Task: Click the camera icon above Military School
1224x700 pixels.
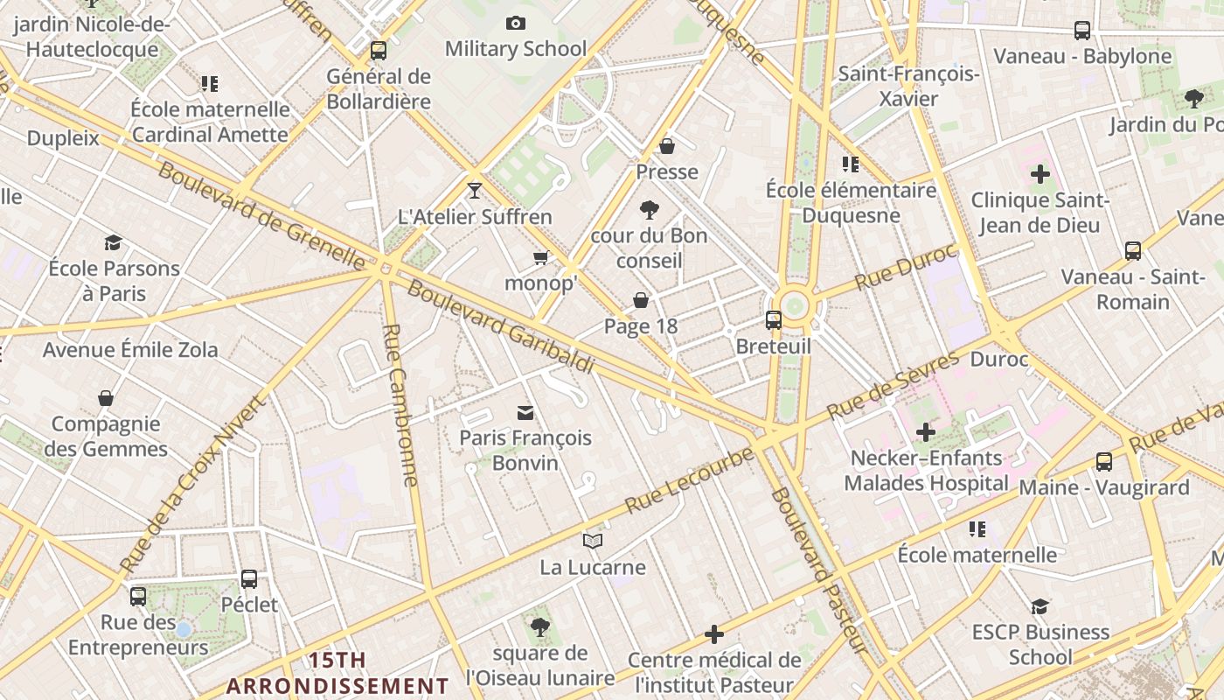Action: coord(516,23)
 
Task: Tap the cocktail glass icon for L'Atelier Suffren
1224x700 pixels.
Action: coord(475,190)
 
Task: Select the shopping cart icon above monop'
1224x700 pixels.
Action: coord(541,257)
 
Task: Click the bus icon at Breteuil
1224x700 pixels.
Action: coord(774,320)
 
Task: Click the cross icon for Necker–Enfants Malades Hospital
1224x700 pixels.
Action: coord(926,431)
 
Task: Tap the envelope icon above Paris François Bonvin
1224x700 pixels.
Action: coord(525,412)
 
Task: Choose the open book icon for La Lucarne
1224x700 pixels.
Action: coord(593,542)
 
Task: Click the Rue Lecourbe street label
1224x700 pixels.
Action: coord(689,480)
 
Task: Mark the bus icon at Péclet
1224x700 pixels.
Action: coord(249,579)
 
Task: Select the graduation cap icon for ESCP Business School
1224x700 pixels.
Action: coord(1040,606)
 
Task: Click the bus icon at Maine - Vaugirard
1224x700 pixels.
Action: coord(1104,462)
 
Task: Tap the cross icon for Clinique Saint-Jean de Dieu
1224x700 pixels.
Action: coord(1040,174)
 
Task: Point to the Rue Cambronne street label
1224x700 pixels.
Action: coord(401,404)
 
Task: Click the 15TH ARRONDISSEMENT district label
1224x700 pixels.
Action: coord(337,673)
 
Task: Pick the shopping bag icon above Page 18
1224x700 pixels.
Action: coord(641,300)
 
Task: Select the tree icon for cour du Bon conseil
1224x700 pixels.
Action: coord(649,210)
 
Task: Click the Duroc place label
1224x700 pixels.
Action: coord(999,359)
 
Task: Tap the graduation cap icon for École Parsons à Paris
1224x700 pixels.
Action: coord(113,242)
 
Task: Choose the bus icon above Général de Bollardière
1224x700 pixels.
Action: coord(379,51)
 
